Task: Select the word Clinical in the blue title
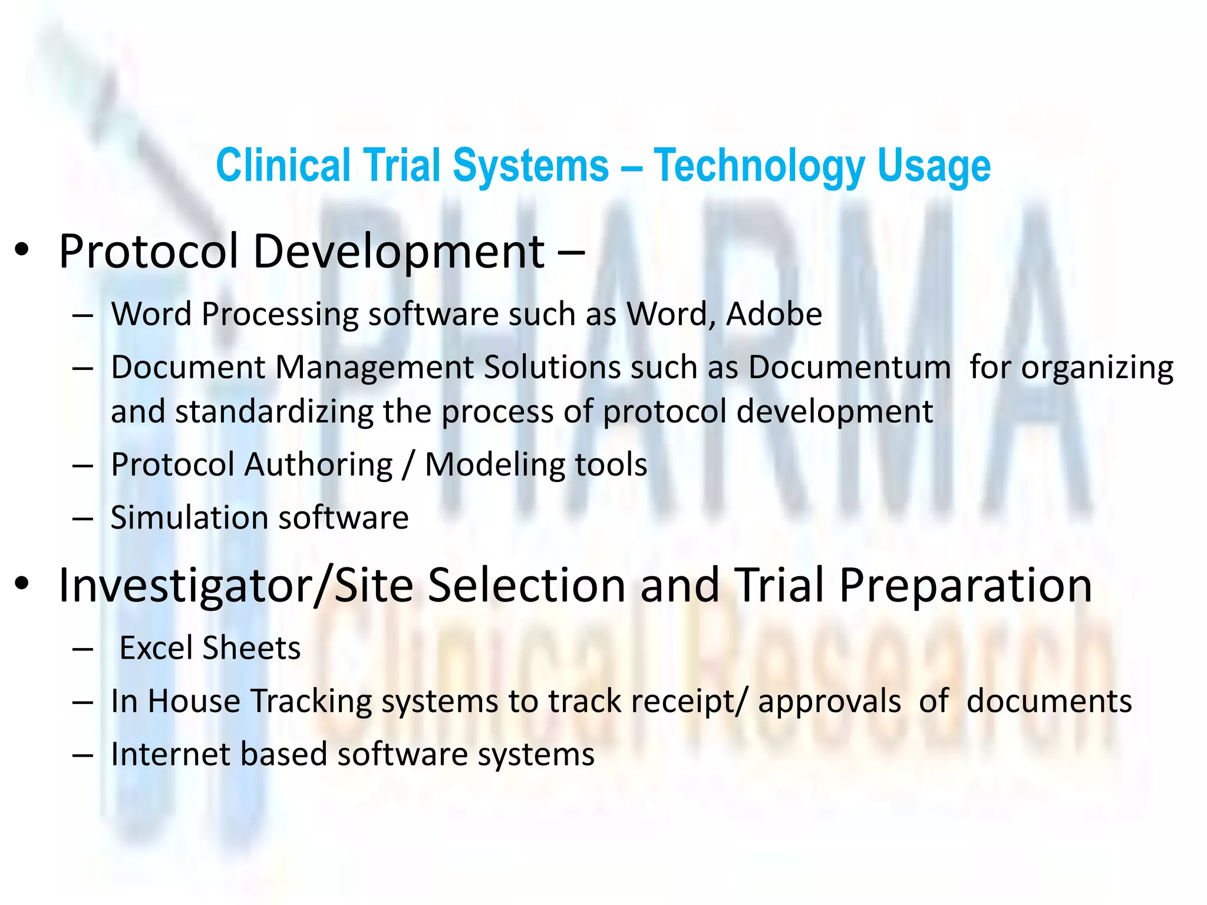click(x=283, y=166)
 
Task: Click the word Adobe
click(x=774, y=314)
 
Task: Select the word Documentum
click(x=849, y=368)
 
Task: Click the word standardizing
click(x=274, y=411)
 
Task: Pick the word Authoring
click(x=318, y=465)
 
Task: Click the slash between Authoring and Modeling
click(x=408, y=465)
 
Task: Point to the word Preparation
click(x=965, y=586)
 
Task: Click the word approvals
click(x=829, y=702)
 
